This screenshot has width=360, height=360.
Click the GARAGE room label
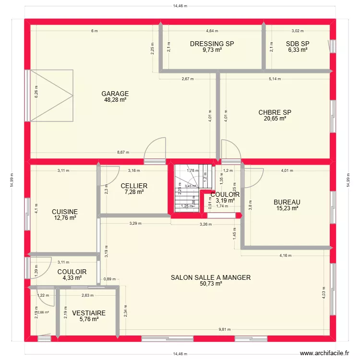pos(115,94)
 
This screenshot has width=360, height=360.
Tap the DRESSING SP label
pos(212,44)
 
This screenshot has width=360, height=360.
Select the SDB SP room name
pos(297,44)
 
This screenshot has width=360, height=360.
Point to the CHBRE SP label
pos(275,112)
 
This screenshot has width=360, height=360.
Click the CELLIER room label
pos(134,186)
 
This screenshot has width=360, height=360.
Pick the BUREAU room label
pos(287,202)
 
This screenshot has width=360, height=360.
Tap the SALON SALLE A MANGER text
pos(211,277)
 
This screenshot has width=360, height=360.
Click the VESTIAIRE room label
pos(89,313)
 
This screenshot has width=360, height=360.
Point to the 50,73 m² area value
pos(211,284)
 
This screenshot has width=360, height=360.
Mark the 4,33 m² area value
pos(72,277)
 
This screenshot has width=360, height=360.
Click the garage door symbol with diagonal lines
pos(51,95)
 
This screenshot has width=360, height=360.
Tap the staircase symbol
pos(192,187)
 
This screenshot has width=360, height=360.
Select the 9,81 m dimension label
pos(225,329)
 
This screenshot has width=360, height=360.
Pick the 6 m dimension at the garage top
pos(95,31)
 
